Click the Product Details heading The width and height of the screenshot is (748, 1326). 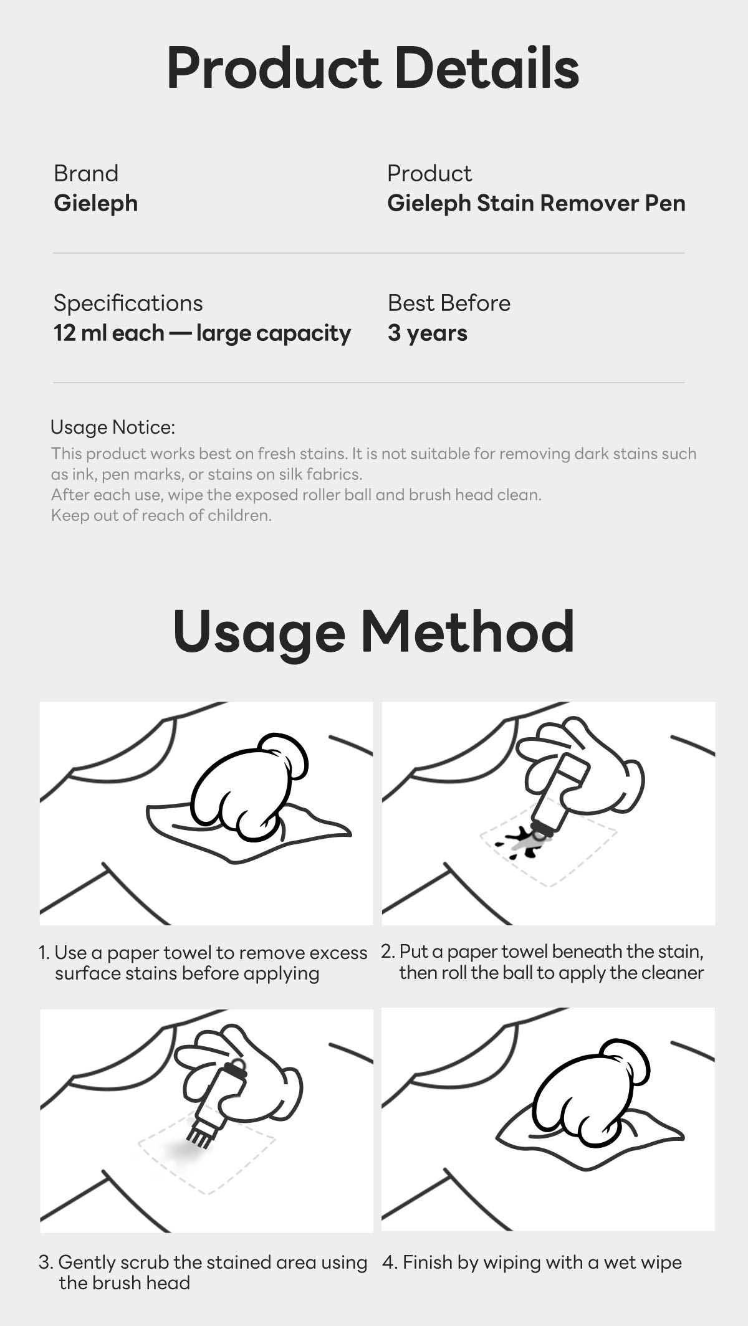[373, 69]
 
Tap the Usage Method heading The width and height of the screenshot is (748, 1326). [373, 632]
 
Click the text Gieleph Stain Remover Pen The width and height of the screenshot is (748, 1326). [536, 204]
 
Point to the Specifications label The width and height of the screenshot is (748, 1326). [128, 303]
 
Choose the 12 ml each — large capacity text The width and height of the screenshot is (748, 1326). [202, 333]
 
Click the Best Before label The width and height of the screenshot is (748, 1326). [449, 303]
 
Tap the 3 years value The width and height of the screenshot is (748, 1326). [428, 333]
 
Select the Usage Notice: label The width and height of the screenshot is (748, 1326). [113, 427]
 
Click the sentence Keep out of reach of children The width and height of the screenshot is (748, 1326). [161, 515]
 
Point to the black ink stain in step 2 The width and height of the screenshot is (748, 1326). [520, 843]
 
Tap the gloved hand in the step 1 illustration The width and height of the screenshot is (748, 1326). [248, 786]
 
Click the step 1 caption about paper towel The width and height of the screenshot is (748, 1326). [203, 963]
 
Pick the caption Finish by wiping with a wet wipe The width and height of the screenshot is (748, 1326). [532, 1262]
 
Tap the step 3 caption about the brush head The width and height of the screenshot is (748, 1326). [203, 1272]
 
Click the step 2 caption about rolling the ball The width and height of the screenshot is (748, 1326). [542, 962]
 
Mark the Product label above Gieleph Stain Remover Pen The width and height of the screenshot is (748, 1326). [429, 173]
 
